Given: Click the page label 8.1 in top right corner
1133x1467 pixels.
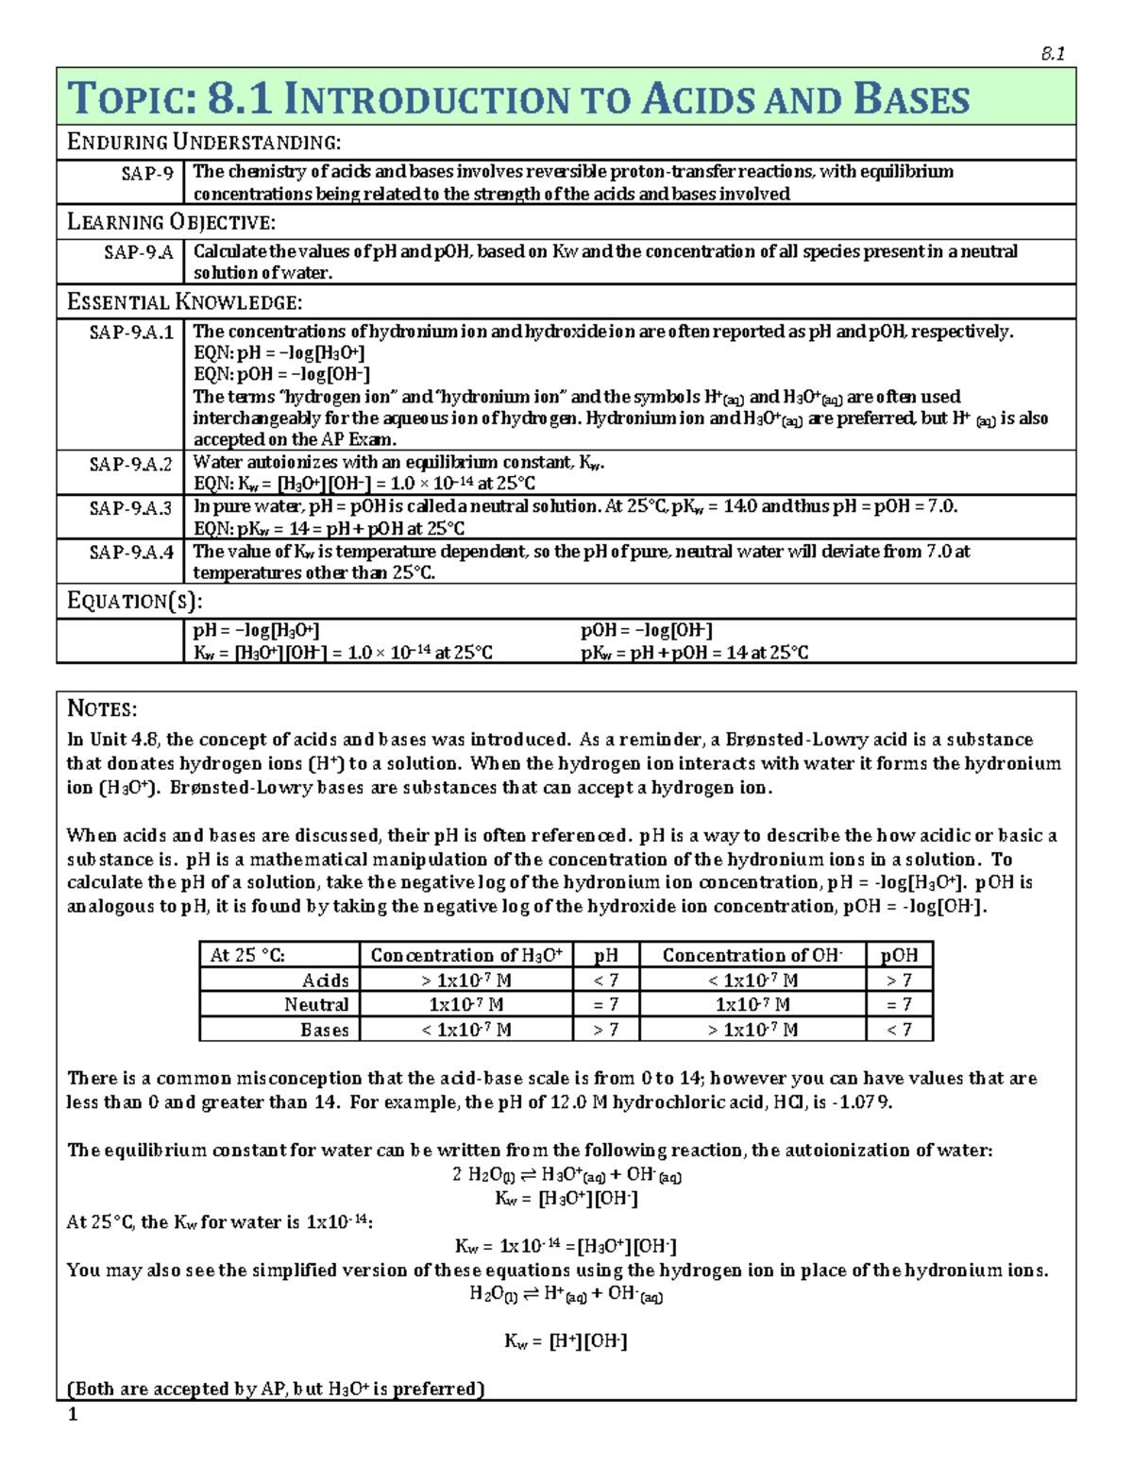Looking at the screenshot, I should click(1052, 54).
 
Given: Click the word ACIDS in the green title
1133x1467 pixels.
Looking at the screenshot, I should click(697, 99).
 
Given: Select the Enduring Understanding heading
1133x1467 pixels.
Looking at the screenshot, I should click(204, 143).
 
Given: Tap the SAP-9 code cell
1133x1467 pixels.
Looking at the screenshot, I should click(147, 173).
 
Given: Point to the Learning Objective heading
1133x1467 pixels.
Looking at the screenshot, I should click(171, 223).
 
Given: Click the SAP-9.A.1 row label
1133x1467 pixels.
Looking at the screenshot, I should click(131, 333).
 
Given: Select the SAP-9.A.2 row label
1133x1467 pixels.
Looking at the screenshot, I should click(131, 465).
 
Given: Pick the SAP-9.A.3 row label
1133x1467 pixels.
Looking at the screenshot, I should click(131, 508).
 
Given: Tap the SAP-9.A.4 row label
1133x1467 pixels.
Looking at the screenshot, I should click(131, 553).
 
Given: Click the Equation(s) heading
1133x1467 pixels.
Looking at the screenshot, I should click(135, 602).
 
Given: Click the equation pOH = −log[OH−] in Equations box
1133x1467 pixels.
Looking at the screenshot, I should click(646, 631).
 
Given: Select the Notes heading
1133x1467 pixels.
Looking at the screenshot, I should click(102, 709).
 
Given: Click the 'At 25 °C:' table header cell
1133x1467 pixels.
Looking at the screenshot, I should click(247, 955).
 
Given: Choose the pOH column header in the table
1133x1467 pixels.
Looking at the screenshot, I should click(899, 955).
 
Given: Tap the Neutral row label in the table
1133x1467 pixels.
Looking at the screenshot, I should click(316, 1005).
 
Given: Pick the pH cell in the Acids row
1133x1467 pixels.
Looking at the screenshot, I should click(605, 981).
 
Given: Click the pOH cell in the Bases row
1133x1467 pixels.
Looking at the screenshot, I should click(899, 1030).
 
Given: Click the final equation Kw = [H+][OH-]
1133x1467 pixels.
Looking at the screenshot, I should click(566, 1341).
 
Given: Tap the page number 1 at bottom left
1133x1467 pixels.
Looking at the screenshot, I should click(73, 1415).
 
